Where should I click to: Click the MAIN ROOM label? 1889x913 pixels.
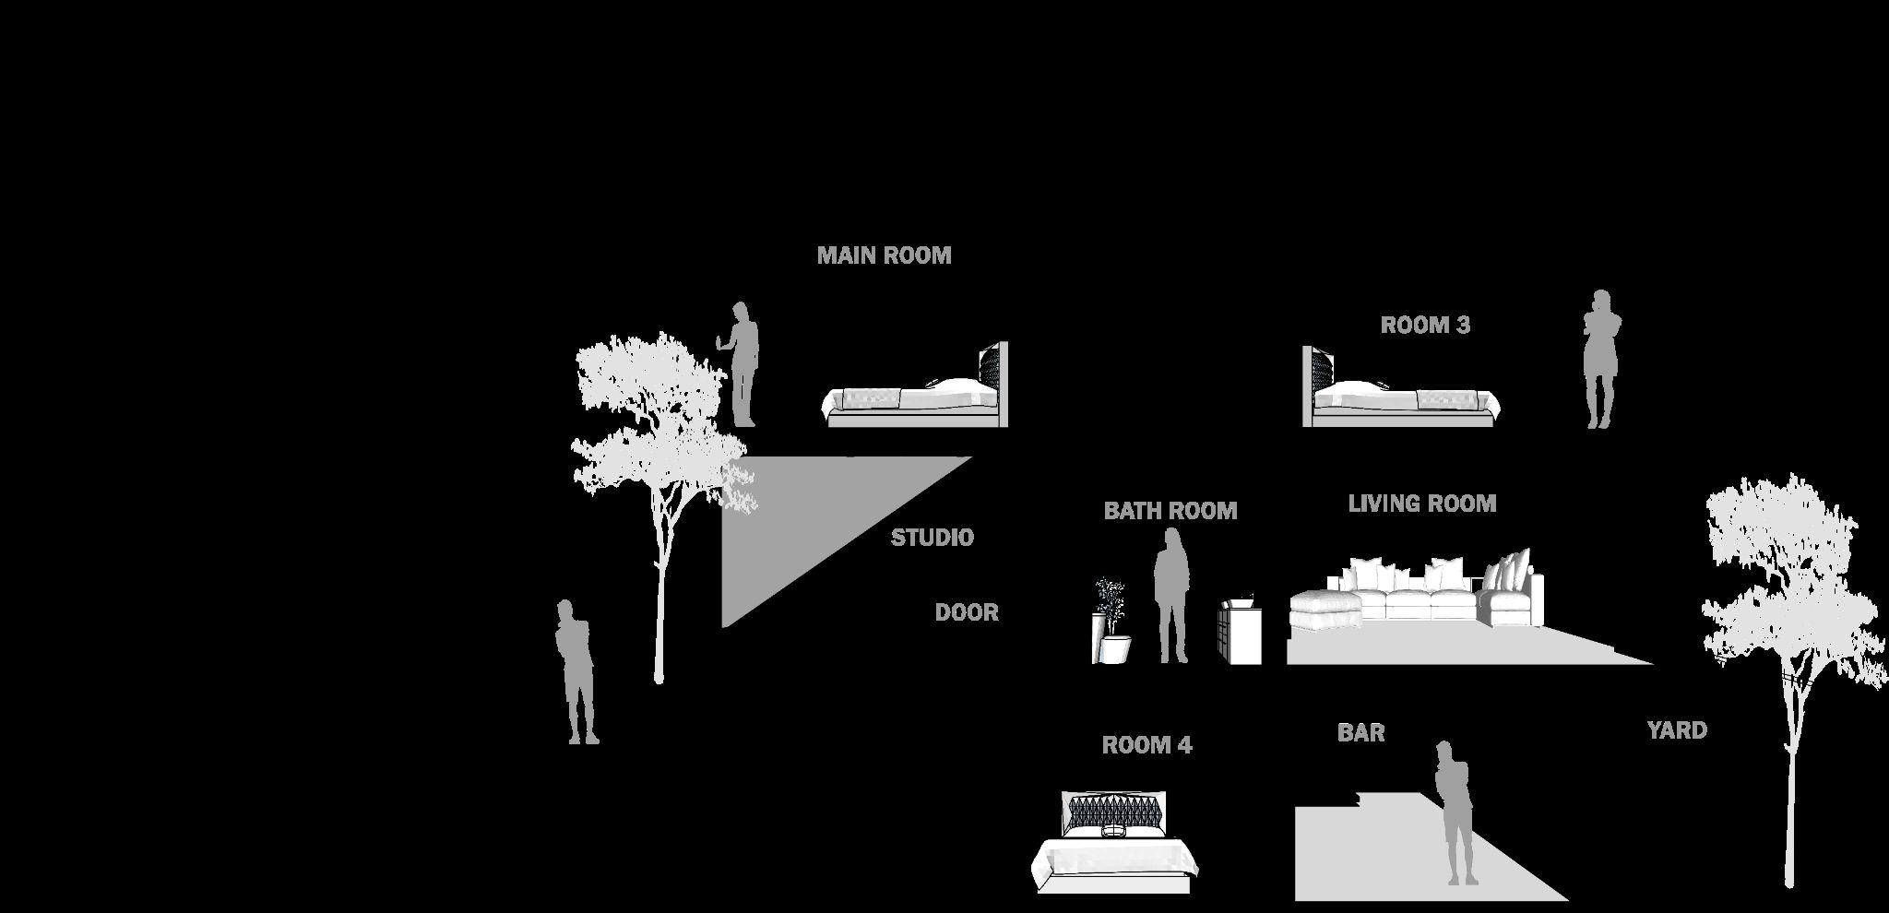point(884,255)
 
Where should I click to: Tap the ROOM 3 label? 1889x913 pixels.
point(1425,325)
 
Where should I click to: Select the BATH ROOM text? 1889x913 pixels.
point(1170,511)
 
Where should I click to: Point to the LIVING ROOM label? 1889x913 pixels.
point(1421,504)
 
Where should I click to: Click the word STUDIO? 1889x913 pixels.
point(932,538)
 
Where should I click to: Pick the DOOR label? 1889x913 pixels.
point(966,612)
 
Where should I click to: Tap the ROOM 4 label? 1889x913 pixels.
point(1146,745)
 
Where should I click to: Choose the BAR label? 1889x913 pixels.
point(1360,732)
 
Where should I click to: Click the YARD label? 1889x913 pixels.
point(1676,730)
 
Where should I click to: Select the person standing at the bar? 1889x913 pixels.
point(1455,812)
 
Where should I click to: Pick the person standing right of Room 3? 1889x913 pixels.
point(1601,360)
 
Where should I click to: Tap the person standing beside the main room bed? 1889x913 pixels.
point(743,364)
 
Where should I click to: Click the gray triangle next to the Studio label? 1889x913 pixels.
point(793,516)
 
